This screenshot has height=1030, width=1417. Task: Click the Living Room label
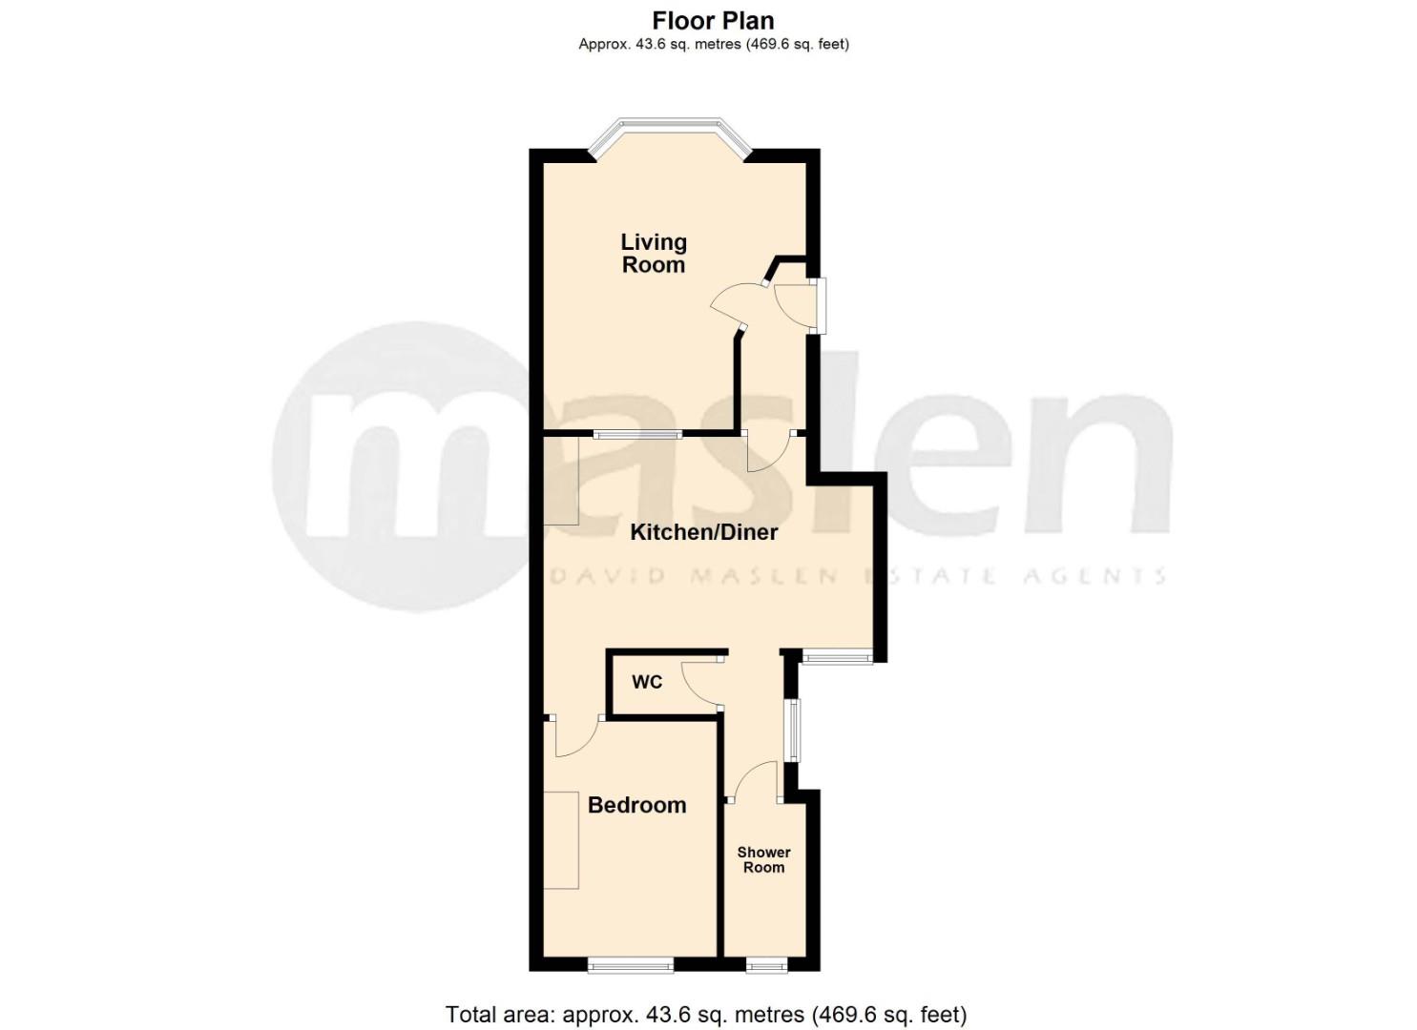coord(654,254)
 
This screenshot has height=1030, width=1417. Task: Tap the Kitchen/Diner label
coord(704,532)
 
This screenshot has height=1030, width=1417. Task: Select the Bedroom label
coord(636,805)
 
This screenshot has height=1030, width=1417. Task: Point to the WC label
coord(647,682)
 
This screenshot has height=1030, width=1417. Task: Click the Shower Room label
coord(763,859)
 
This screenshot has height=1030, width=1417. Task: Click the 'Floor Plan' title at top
coord(713,20)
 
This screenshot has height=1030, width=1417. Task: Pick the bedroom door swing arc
coord(575,737)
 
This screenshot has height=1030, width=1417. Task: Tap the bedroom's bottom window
coord(631,965)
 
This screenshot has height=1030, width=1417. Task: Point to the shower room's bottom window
coord(766,965)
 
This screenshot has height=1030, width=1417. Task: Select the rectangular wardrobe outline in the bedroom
coord(561,839)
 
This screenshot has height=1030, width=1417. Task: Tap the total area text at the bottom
coord(706,1014)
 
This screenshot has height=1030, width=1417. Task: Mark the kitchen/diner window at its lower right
coord(836,655)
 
